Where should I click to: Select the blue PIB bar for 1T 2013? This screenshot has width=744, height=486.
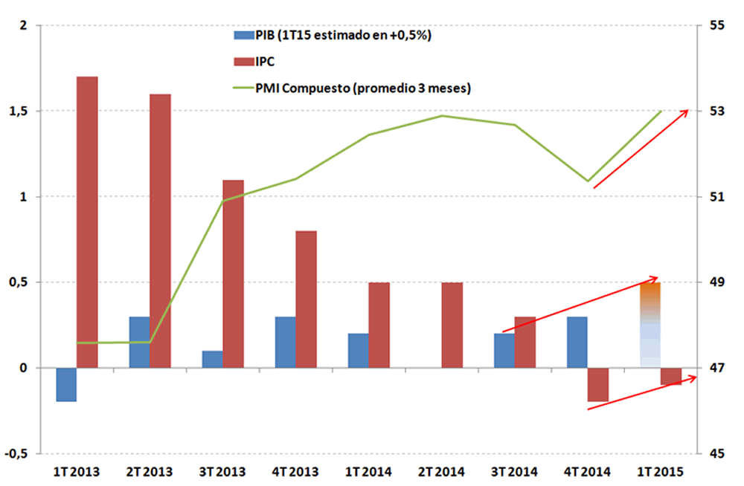tap(67, 384)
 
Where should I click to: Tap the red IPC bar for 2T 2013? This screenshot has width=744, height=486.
tap(161, 230)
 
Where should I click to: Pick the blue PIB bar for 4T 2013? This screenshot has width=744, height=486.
tap(286, 342)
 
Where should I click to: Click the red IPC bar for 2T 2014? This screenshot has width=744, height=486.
tap(452, 325)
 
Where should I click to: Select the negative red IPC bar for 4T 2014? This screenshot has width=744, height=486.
tap(598, 384)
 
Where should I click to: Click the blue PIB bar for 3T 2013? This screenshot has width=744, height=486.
tap(213, 359)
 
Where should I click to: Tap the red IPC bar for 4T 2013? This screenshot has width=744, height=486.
tap(307, 299)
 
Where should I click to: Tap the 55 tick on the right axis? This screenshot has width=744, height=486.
tap(716, 25)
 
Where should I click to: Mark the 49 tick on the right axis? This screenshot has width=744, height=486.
tap(716, 282)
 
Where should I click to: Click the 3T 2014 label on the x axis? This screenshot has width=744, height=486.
tap(515, 472)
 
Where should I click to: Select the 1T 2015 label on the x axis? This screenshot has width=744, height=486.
tap(661, 472)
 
